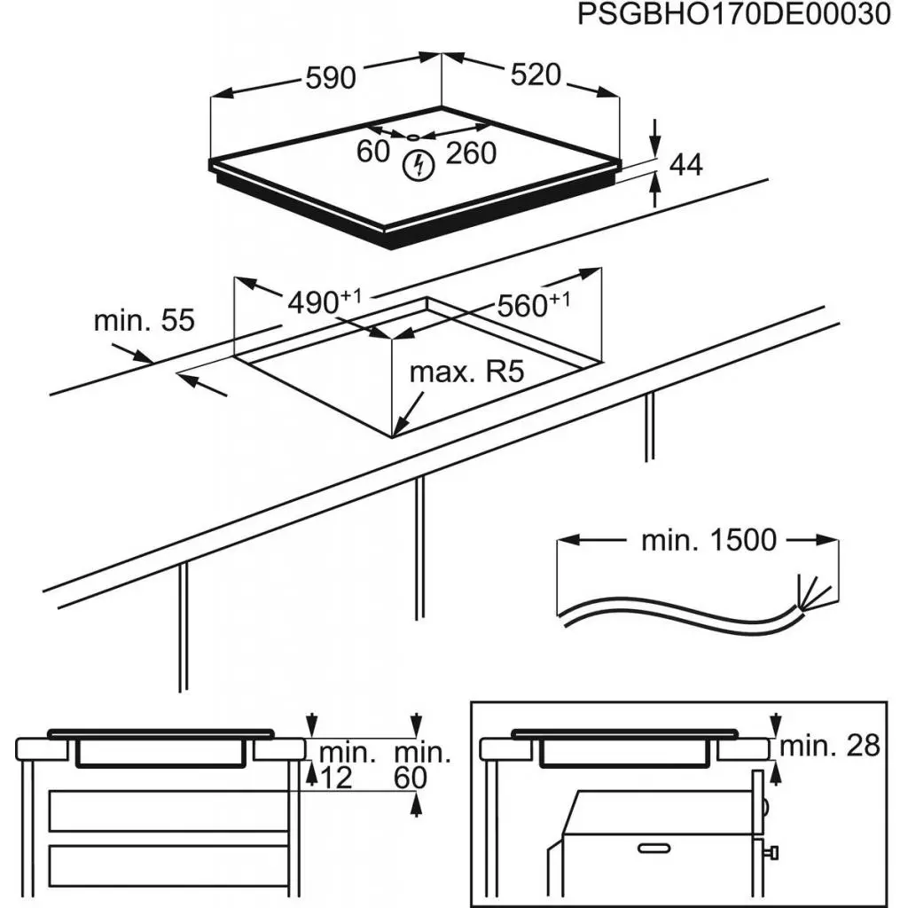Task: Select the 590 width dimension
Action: coord(330,78)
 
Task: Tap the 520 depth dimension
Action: coord(536,75)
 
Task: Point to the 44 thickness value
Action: coord(685,164)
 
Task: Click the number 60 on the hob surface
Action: coord(373,153)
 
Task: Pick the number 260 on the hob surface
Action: coord(470,153)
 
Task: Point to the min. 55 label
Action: coord(144,320)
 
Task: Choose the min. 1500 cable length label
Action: coord(708,539)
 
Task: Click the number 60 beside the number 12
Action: coord(411,779)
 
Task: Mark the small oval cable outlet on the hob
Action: coord(414,137)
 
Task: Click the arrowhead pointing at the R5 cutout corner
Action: coord(398,433)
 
